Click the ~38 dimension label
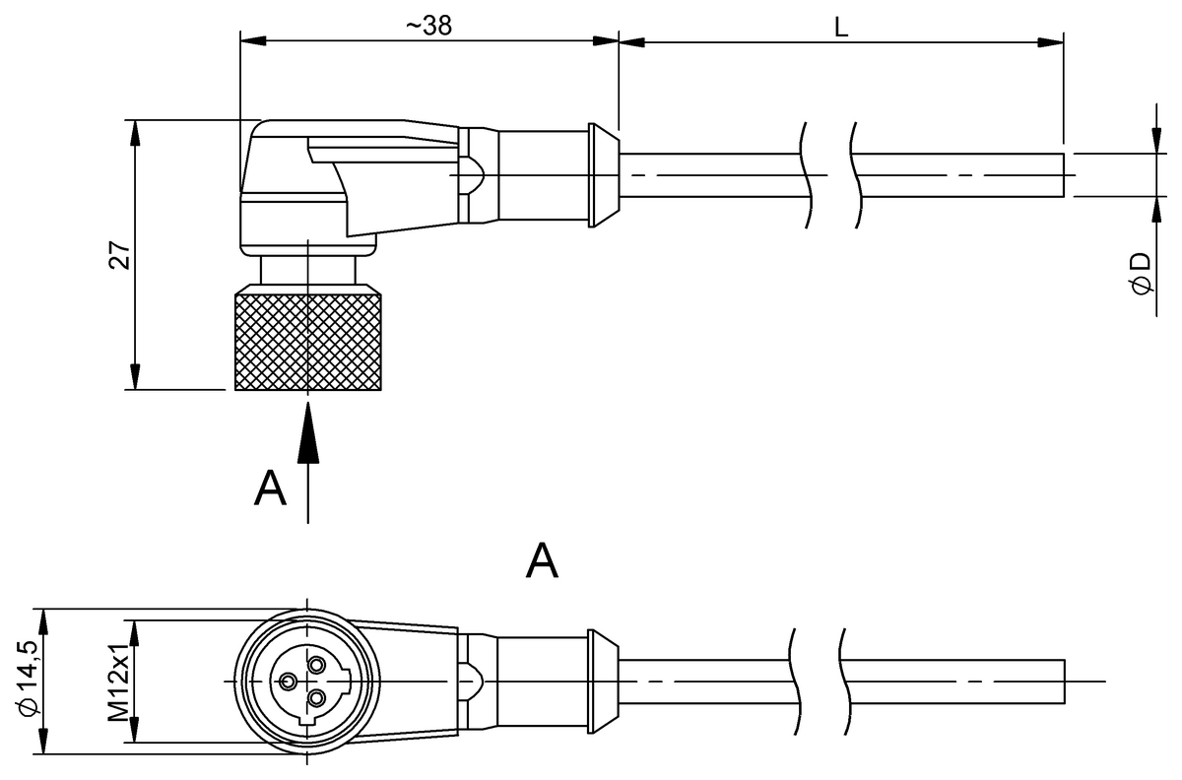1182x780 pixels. (x=429, y=26)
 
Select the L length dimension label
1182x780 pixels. (x=841, y=27)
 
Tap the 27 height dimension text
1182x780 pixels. (x=120, y=255)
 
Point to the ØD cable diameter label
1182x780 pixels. (x=1142, y=274)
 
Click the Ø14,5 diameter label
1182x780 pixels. (x=29, y=679)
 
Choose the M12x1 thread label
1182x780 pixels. (x=118, y=682)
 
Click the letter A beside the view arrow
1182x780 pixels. (x=270, y=488)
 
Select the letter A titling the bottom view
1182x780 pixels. (x=542, y=561)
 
